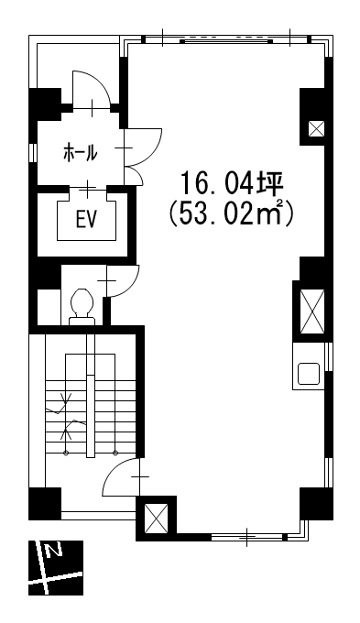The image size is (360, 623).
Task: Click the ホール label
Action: coord(81,153)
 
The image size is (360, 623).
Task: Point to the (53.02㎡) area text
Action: coord(231,214)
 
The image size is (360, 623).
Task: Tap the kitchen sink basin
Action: coord(309,374)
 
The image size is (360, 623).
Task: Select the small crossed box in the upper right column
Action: coord(317,128)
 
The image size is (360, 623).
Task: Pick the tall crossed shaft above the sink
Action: coord(312,311)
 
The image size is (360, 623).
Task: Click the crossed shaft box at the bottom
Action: coord(156,519)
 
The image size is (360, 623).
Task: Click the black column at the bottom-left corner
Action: coord(45,504)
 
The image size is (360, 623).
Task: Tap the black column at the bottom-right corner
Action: coord(316,504)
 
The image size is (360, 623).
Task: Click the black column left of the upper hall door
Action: coord(45,104)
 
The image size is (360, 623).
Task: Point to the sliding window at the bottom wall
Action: coord(246,537)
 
